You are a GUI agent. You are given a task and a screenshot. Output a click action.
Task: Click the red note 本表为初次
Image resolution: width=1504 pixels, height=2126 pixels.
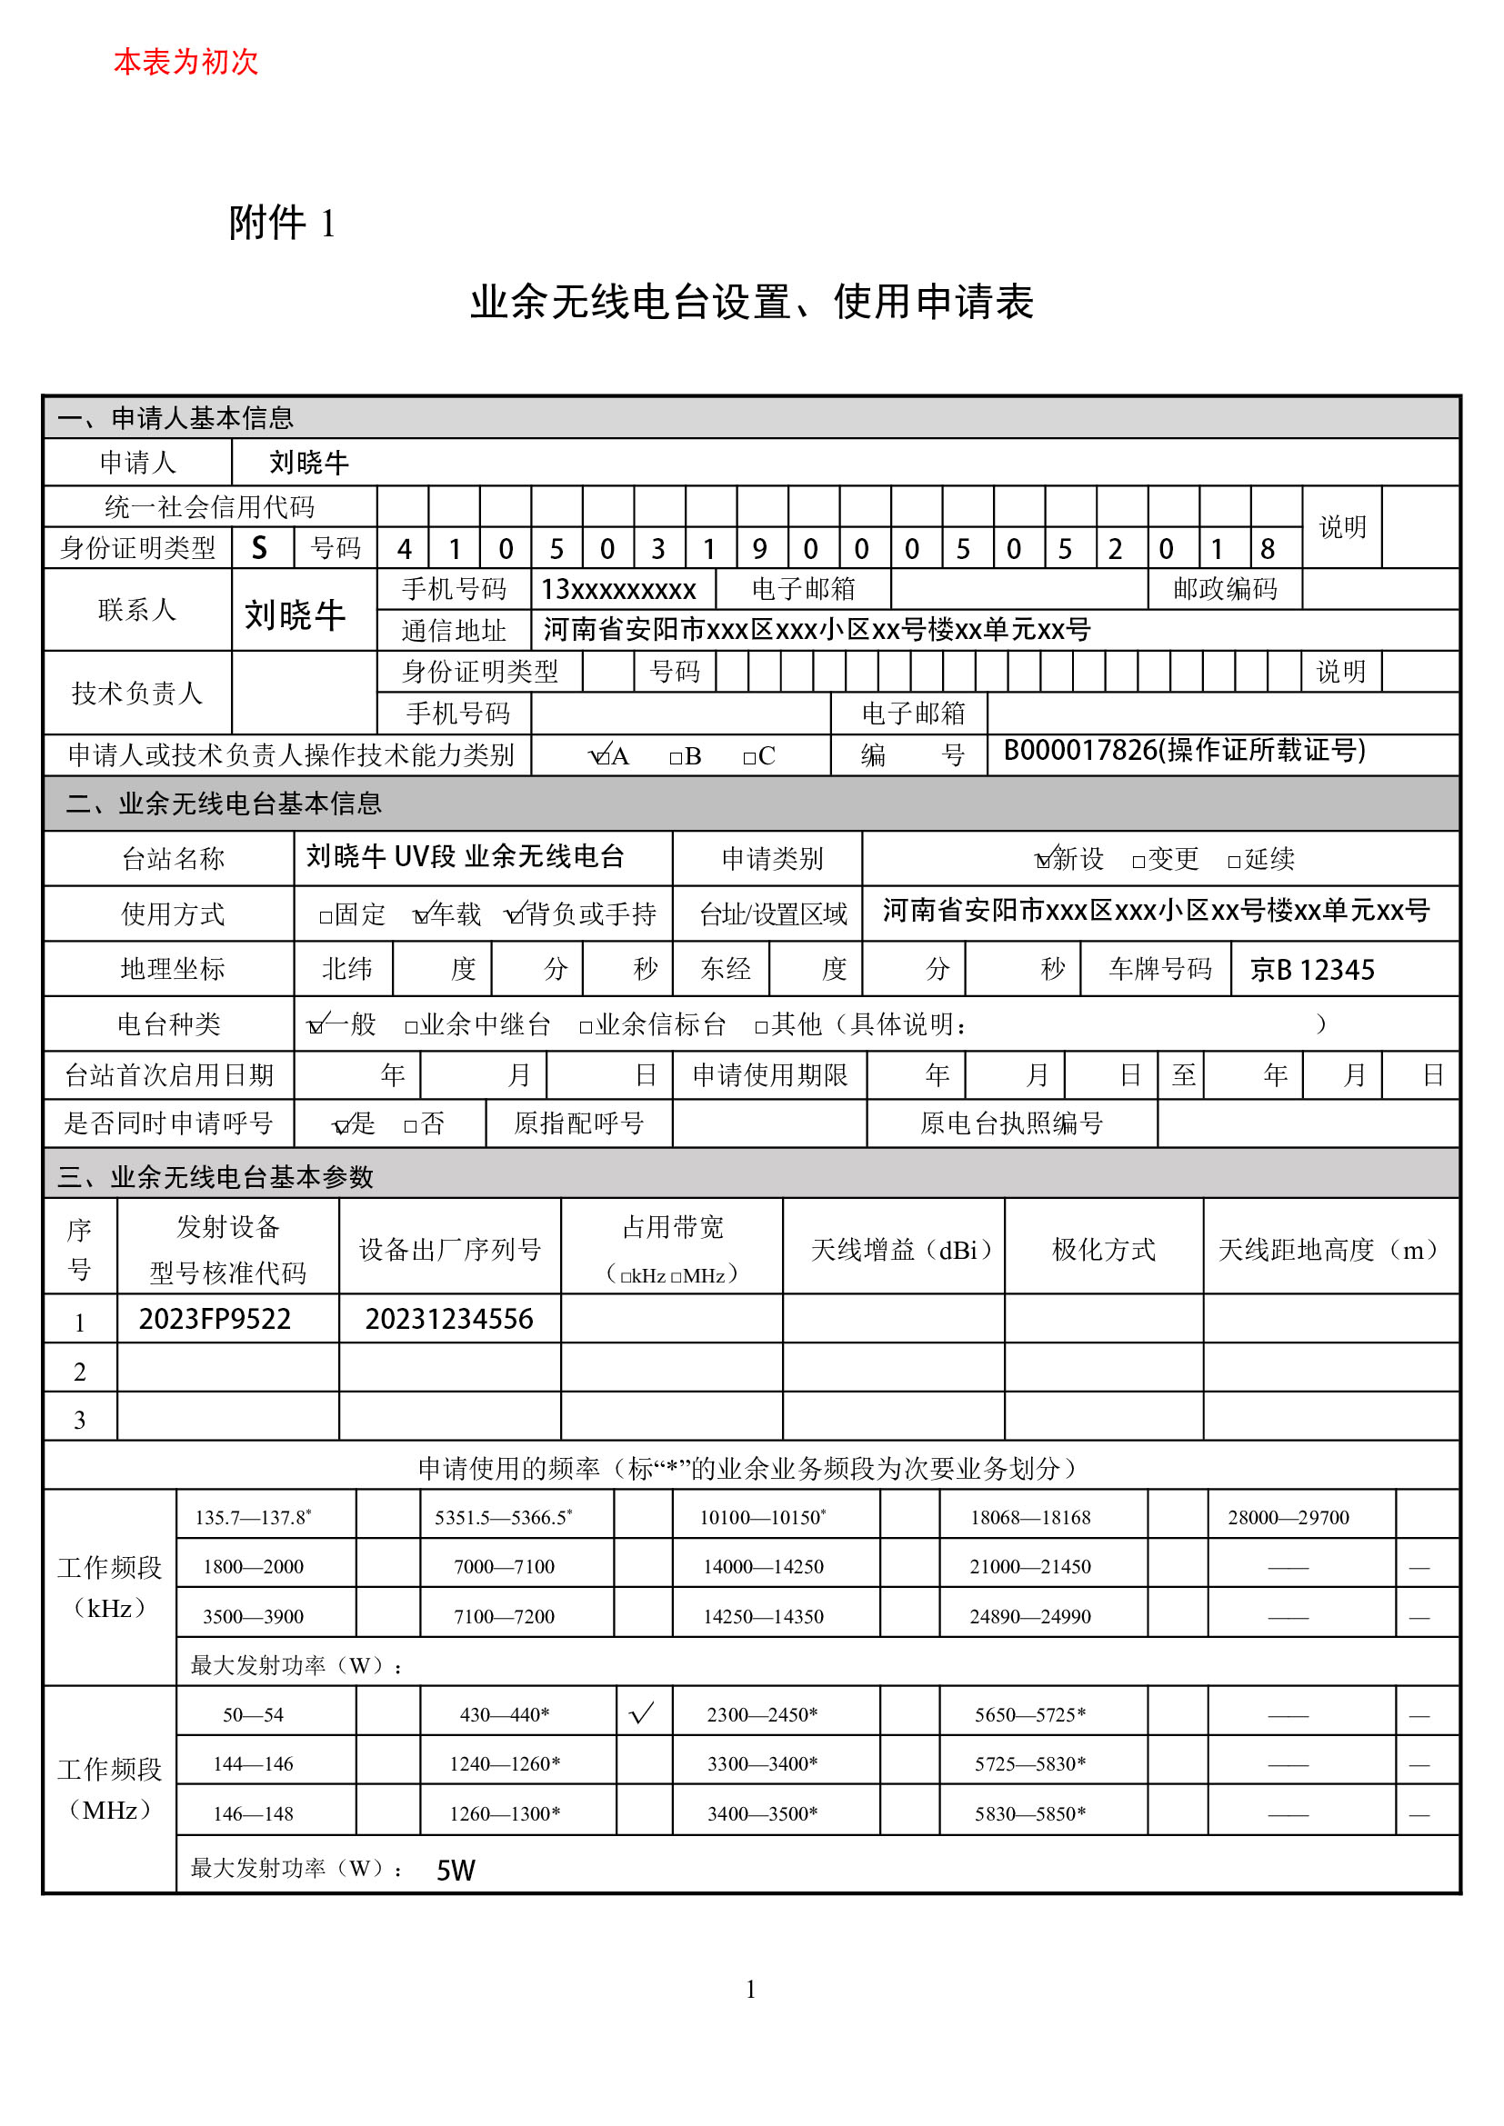pos(185,62)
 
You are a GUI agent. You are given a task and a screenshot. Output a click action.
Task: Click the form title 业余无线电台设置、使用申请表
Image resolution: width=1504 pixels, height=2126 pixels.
pos(751,302)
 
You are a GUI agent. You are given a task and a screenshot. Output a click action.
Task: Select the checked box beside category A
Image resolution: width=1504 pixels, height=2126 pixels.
pos(597,757)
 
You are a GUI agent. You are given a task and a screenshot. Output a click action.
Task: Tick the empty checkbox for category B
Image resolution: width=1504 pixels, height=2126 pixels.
pos(676,758)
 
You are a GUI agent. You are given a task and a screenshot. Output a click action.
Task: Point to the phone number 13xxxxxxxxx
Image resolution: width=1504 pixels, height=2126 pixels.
pos(617,590)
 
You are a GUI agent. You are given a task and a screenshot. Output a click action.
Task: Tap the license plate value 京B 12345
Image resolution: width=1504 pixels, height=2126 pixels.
pos(1311,970)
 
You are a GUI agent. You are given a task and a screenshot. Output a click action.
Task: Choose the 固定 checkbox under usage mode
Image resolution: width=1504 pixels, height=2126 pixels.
pos(325,918)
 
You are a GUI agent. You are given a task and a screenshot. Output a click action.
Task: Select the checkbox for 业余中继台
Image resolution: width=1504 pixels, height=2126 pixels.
pos(411,1027)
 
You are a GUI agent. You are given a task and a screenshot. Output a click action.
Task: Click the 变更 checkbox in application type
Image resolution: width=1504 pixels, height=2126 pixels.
pos(1138,862)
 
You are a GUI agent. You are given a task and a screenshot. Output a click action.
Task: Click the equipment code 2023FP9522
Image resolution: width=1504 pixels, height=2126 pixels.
pos(215,1319)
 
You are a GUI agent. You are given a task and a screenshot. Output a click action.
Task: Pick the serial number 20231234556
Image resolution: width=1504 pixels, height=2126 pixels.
pos(449,1319)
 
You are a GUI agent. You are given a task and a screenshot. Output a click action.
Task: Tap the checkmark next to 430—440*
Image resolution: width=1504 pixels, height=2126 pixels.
pos(642,1713)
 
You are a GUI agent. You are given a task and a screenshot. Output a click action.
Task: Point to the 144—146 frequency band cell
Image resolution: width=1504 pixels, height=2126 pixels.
pos(253,1764)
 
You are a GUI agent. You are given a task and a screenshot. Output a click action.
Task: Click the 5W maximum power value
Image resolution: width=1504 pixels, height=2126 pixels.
pos(456,1871)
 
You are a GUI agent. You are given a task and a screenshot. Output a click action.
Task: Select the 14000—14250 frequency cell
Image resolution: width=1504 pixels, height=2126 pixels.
pos(763,1567)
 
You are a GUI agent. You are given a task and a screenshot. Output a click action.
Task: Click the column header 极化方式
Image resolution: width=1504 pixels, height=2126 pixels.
pos(1103,1250)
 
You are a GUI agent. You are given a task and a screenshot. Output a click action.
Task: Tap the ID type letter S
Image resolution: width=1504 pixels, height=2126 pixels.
pos(260,548)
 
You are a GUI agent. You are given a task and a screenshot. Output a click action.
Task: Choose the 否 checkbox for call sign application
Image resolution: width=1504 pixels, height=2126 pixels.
pos(410,1127)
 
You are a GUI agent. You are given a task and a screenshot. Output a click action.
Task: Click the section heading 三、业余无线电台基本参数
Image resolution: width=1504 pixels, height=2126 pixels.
pos(215,1177)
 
